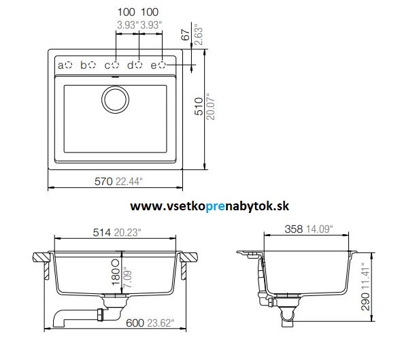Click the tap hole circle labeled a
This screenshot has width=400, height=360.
click(x=69, y=65)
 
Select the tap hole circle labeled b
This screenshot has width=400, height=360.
click(x=92, y=65)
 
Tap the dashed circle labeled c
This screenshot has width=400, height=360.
click(x=115, y=65)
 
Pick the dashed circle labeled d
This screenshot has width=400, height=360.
click(x=138, y=65)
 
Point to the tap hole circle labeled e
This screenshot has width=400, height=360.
click(x=162, y=65)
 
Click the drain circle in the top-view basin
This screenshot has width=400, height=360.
click(x=115, y=99)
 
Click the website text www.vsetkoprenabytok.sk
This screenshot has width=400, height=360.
click(x=210, y=206)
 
